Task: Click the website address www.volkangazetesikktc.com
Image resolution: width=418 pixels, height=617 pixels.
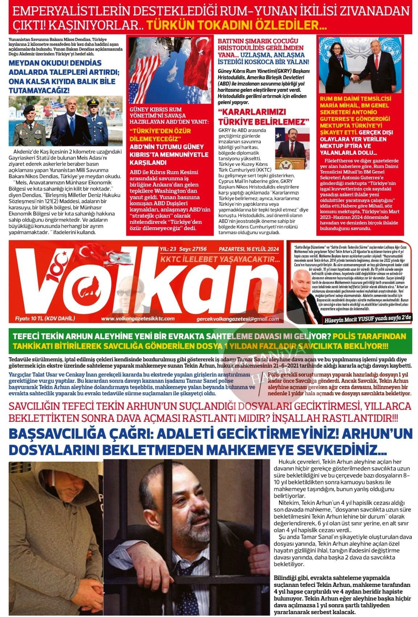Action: (138, 319)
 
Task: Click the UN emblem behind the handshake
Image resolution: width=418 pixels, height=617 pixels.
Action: (330, 47)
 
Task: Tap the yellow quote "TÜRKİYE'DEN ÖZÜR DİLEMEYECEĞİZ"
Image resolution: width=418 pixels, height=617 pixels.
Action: (160, 134)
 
